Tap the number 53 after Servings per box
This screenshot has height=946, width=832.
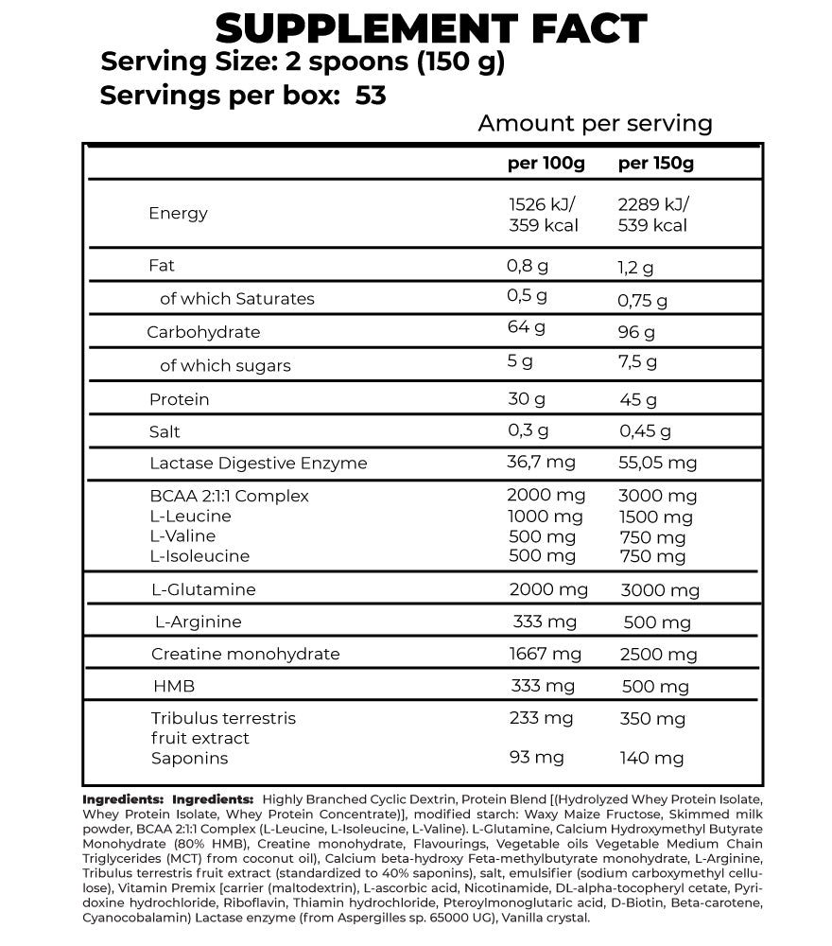(x=372, y=96)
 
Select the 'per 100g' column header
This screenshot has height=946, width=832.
(x=546, y=163)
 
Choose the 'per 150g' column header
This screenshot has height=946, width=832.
(x=656, y=163)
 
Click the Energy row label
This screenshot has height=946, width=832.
(x=178, y=213)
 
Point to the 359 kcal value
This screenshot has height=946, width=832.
(x=544, y=225)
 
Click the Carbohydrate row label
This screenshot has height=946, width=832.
(x=203, y=332)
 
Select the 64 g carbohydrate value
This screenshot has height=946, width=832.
(x=528, y=327)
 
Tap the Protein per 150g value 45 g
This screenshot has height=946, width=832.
(x=638, y=400)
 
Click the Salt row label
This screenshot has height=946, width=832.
(x=165, y=431)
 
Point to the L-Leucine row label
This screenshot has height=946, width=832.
(x=190, y=516)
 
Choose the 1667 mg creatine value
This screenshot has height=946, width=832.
(x=546, y=654)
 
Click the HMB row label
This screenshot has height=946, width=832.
(x=173, y=686)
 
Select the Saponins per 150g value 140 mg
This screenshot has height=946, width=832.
(x=651, y=758)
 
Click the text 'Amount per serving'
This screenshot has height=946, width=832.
(x=595, y=123)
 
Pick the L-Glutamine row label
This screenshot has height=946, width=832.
(x=203, y=589)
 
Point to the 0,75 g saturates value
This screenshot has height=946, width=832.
(x=643, y=300)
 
